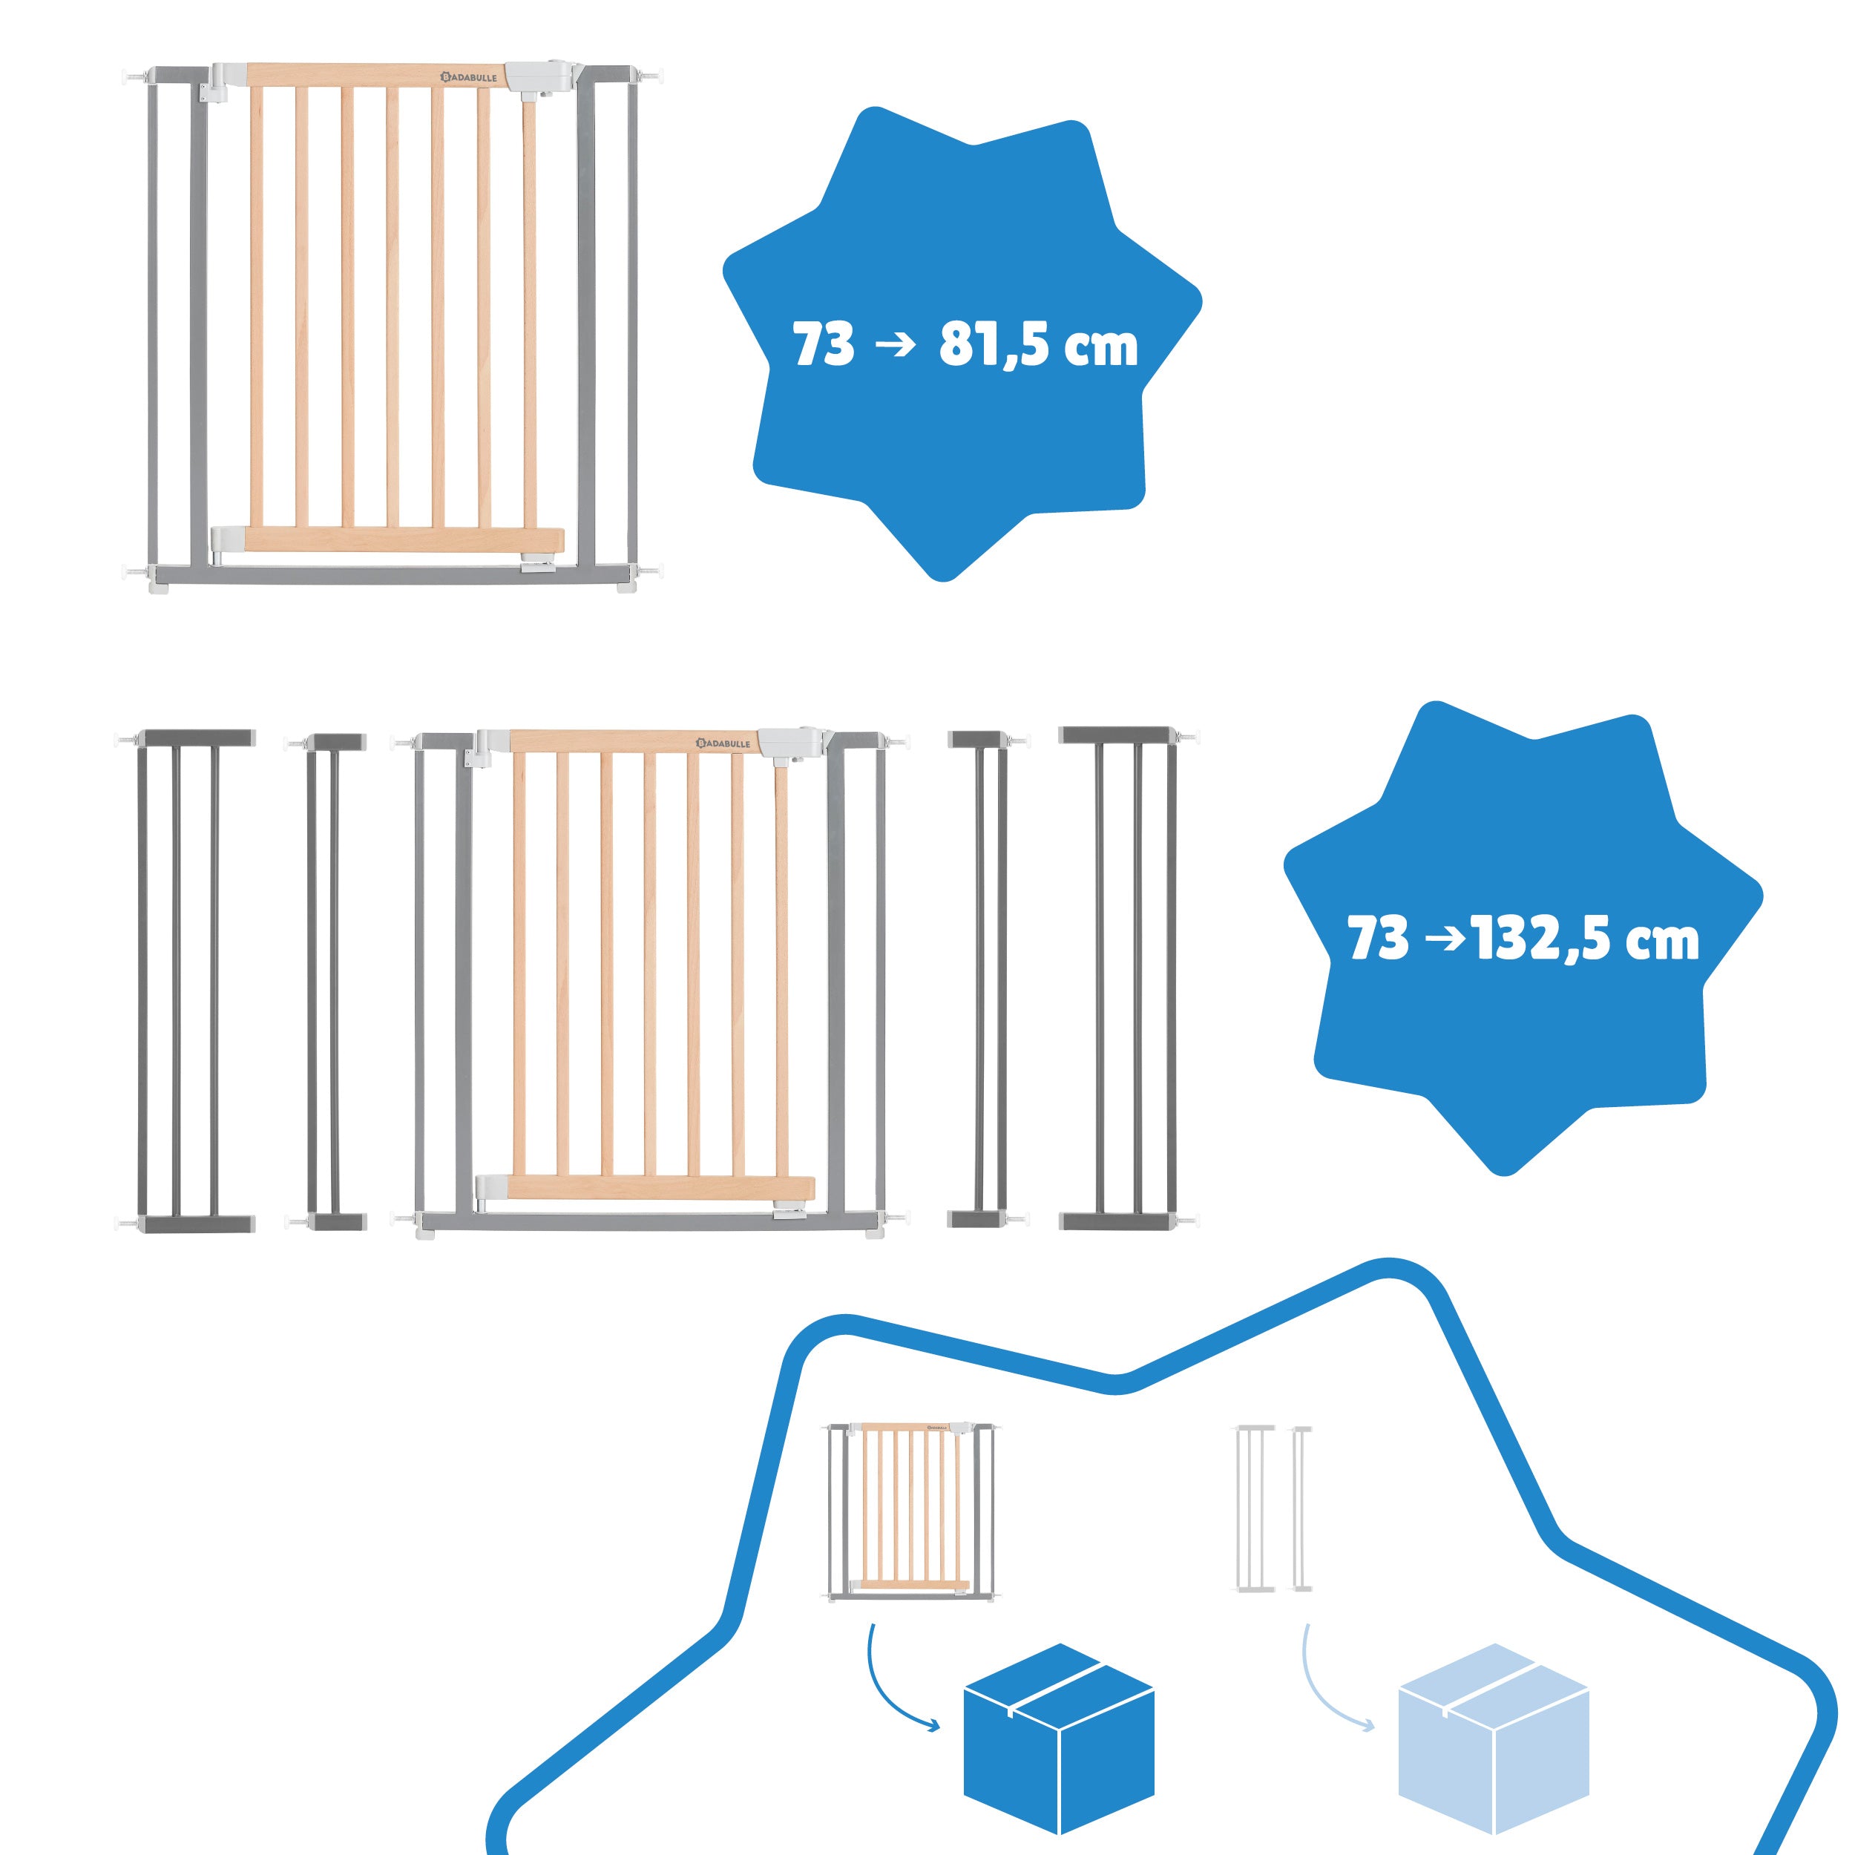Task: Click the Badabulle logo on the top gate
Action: pyautogui.click(x=468, y=76)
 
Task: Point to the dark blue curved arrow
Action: pyautogui.click(x=898, y=1676)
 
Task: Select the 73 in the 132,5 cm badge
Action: pyautogui.click(x=1379, y=938)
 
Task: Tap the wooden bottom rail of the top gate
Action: pyautogui.click(x=404, y=539)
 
